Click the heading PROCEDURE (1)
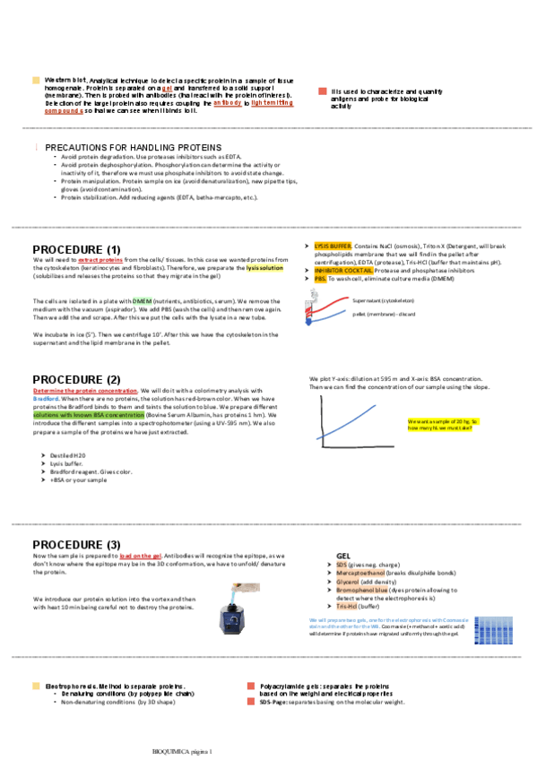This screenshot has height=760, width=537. pyautogui.click(x=76, y=249)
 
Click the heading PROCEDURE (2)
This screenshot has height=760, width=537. pyautogui.click(x=76, y=380)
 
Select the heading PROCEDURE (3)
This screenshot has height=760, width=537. pyautogui.click(x=76, y=545)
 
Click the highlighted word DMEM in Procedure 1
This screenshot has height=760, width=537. pyautogui.click(x=143, y=300)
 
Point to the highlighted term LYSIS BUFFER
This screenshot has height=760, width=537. pyautogui.click(x=333, y=246)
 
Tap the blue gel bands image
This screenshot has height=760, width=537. pyautogui.click(x=492, y=630)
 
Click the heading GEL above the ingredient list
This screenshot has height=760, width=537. pyautogui.click(x=343, y=557)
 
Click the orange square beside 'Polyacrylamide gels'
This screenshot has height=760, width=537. pyautogui.click(x=252, y=686)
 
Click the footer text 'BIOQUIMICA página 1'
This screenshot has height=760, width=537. pyautogui.click(x=185, y=749)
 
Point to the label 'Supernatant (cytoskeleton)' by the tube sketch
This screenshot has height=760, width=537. pyautogui.click(x=384, y=301)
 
